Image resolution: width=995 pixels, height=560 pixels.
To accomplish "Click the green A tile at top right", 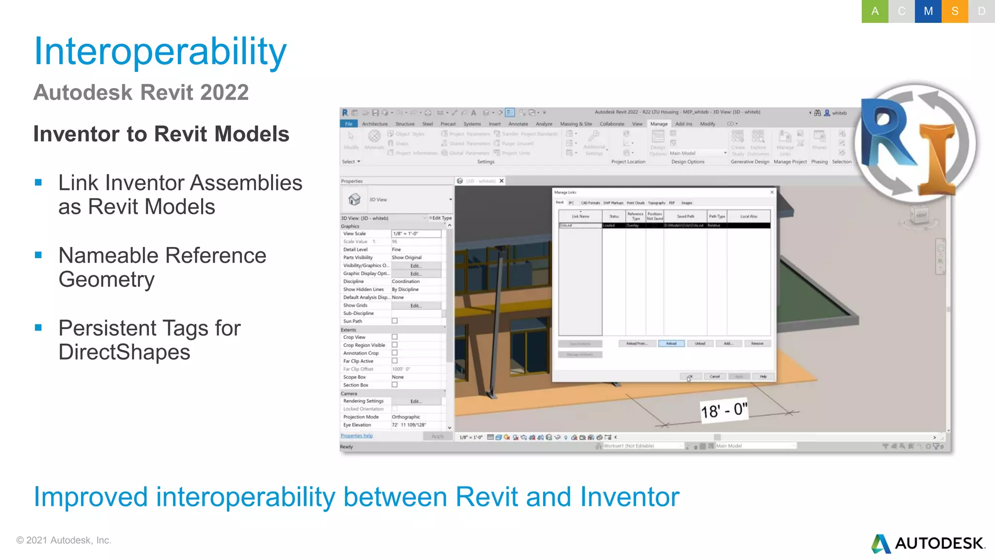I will tap(875, 11).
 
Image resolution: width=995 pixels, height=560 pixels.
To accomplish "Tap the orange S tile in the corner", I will tap(955, 11).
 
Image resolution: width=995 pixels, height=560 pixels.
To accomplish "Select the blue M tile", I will tap(928, 11).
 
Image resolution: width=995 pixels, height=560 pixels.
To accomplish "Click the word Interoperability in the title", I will tap(160, 52).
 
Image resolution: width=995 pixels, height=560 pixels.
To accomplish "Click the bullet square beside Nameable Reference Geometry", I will tap(38, 255).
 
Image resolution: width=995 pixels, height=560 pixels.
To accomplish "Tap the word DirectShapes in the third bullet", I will tap(124, 352).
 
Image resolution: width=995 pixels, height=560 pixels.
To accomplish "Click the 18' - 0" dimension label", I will tap(723, 410).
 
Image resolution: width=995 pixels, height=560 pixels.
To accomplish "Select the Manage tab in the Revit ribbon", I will tap(659, 124).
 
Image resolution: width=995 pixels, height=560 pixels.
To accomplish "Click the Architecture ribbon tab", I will tap(375, 124).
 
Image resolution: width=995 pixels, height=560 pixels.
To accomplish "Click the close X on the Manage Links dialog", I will tap(772, 192).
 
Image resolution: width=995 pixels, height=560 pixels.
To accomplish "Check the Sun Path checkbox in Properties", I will tap(395, 321).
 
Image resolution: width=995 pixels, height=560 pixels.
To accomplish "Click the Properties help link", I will tap(357, 436).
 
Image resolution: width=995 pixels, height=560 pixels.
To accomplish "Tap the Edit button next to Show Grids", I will tap(416, 306).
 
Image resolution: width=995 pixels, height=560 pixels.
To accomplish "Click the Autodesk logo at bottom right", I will tap(928, 543).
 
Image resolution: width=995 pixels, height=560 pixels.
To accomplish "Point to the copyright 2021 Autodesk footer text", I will tap(64, 540).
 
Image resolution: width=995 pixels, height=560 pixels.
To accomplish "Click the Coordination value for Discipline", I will tap(406, 281).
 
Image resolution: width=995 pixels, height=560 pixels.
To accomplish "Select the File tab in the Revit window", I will tap(348, 124).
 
